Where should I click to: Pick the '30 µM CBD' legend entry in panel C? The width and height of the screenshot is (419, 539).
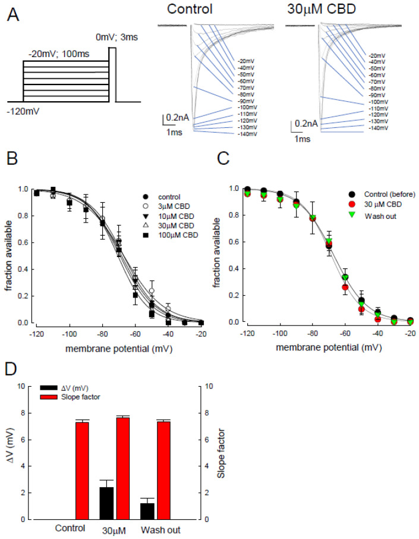click(372, 204)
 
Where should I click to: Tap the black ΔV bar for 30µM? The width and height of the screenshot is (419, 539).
click(106, 503)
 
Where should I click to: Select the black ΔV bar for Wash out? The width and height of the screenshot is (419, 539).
click(147, 511)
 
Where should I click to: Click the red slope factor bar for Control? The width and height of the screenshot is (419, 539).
click(82, 470)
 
